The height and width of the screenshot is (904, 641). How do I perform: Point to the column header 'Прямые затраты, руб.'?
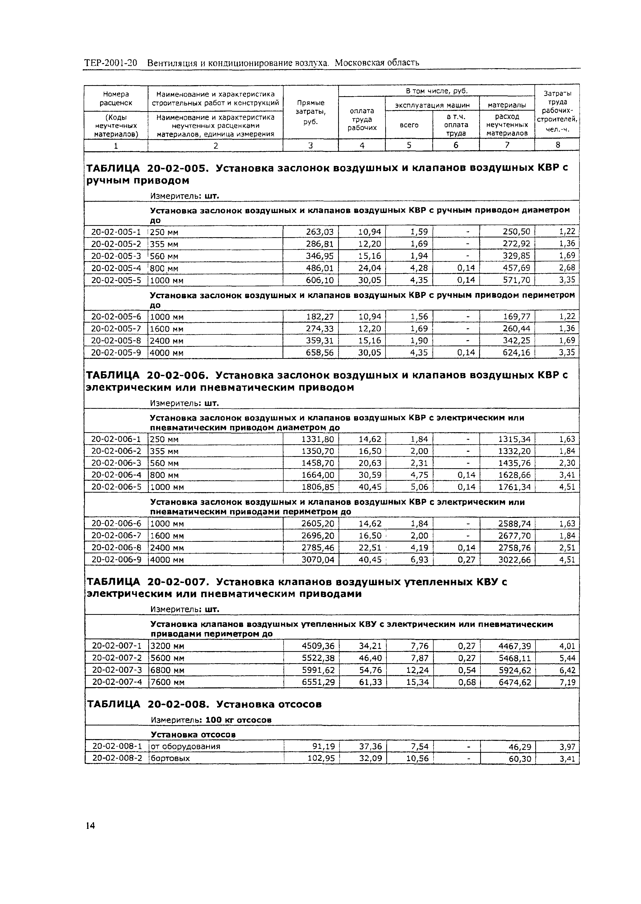click(311, 112)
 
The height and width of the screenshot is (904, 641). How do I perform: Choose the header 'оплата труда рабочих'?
click(362, 119)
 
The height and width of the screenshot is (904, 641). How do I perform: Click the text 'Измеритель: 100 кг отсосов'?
click(211, 720)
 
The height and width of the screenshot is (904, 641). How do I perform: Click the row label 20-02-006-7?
click(116, 535)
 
